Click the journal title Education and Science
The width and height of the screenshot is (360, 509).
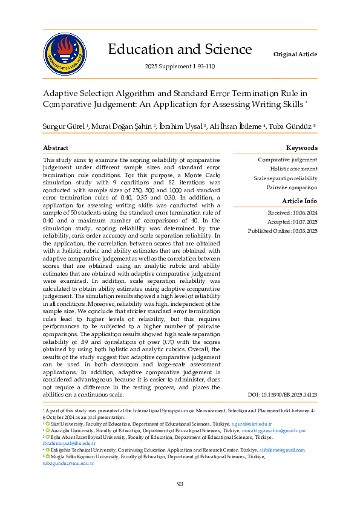click(180, 49)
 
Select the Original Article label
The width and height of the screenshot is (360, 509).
click(295, 54)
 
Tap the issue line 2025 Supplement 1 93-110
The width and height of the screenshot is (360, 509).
click(180, 66)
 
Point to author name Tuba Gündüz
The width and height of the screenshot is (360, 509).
click(293, 126)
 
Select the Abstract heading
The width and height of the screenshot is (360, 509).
click(56, 148)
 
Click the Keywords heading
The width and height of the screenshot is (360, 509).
click(301, 148)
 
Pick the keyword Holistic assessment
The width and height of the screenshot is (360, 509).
click(293, 169)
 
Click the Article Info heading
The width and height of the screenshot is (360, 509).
click(299, 201)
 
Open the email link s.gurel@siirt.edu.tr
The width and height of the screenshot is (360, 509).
click(252, 425)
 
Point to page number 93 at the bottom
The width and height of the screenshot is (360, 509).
click(180, 484)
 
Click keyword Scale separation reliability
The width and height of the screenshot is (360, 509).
click(285, 178)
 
